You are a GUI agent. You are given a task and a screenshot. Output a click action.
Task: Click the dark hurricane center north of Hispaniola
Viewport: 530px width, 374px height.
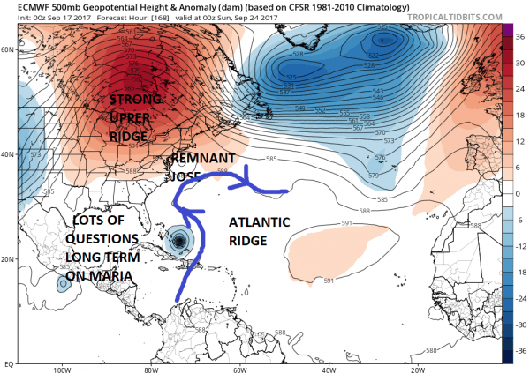tap(180, 240)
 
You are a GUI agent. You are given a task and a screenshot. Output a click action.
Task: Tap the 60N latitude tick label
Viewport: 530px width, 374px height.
tap(9, 49)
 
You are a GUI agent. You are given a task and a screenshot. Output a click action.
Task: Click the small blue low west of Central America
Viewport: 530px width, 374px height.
tap(63, 285)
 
